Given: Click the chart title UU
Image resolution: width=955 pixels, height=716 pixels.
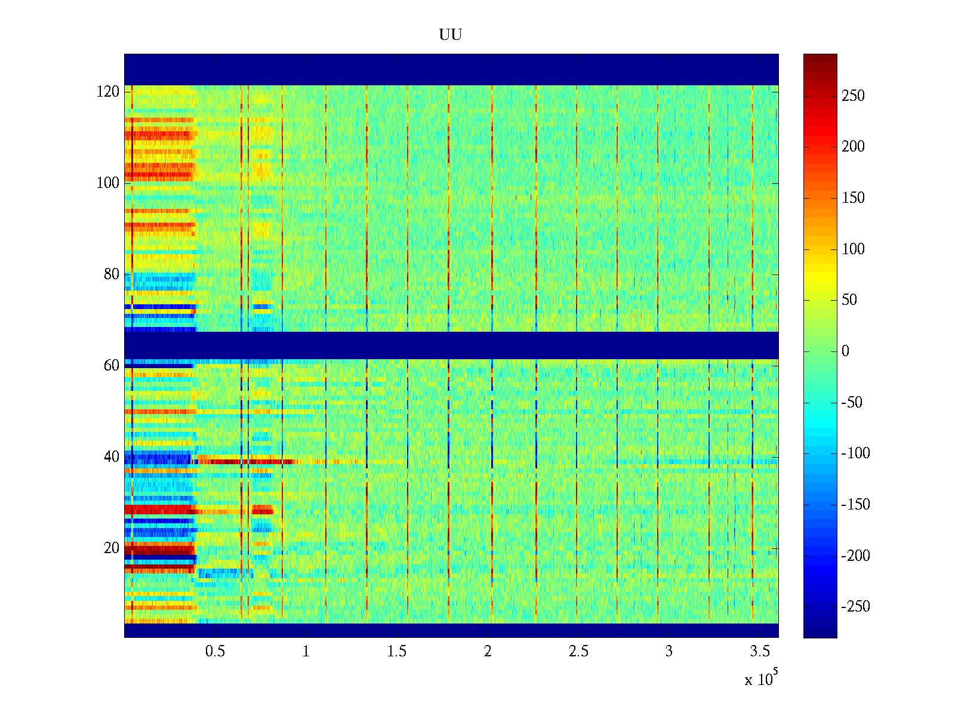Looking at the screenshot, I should [x=451, y=35].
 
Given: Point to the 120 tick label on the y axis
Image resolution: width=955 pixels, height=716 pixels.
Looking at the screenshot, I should [x=107, y=92].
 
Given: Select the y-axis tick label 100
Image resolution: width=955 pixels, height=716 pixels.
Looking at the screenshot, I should [x=107, y=183].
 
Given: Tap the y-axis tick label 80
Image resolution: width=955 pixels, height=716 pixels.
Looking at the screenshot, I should [x=111, y=274].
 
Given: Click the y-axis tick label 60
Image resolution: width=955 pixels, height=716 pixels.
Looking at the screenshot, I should [x=111, y=366].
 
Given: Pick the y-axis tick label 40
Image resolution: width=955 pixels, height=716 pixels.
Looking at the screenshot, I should [x=111, y=457].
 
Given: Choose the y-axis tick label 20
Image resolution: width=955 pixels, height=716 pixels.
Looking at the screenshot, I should [x=111, y=548].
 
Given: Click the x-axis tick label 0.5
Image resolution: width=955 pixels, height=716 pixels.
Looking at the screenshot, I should [x=215, y=652].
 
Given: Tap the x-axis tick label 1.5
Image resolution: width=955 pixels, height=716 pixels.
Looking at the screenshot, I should [x=396, y=652].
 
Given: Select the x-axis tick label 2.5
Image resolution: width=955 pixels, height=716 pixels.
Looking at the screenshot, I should [x=578, y=652].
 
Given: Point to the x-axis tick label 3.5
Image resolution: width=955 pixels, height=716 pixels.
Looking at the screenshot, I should [x=760, y=652].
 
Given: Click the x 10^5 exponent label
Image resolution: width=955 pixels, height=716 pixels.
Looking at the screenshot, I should [x=760, y=679].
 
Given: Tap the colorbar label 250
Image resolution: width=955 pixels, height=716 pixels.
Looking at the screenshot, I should [x=853, y=96].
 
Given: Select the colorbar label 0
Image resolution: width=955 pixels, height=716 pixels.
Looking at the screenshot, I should [x=845, y=351].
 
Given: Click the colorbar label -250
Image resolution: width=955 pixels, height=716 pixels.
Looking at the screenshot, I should [x=855, y=607].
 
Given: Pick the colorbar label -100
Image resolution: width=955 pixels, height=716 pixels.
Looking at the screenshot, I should [x=855, y=453].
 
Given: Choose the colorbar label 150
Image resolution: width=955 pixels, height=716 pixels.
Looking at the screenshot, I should [x=853, y=198].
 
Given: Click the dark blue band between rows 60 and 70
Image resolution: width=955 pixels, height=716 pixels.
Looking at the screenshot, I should [x=451, y=345].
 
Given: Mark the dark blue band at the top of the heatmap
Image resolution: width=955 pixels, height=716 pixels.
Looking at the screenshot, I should [x=451, y=69].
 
